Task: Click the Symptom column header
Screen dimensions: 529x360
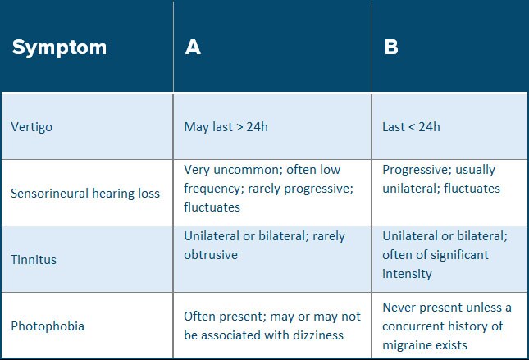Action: point(59,48)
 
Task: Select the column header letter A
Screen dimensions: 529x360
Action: point(193,47)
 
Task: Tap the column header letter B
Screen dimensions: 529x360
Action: point(391,47)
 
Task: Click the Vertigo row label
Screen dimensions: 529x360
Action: point(32,128)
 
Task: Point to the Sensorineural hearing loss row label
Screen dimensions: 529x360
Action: point(85,194)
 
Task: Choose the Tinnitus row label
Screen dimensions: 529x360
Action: point(34,260)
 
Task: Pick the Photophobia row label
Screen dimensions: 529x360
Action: point(48,326)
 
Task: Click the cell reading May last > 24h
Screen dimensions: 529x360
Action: point(226,127)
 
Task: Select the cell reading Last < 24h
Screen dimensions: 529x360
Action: point(411,127)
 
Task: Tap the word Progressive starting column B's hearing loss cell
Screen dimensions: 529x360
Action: point(417,170)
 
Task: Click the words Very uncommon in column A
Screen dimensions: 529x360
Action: point(234,170)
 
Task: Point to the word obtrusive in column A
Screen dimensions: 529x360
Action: point(211,255)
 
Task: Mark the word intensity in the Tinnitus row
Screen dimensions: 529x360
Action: point(408,274)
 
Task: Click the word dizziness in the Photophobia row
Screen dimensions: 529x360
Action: point(318,335)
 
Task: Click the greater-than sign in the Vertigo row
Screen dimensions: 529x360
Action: point(239,128)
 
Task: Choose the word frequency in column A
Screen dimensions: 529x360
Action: point(213,189)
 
